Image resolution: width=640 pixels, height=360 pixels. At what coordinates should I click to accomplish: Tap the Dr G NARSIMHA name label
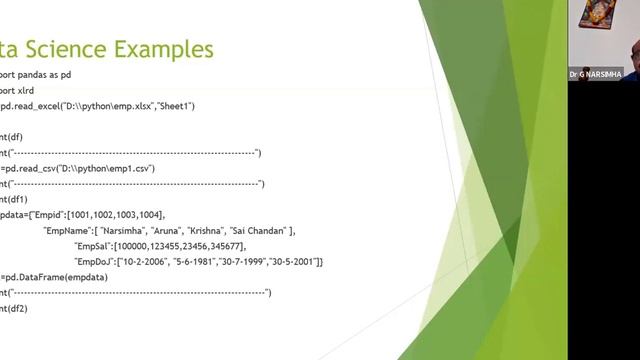point(595,74)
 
